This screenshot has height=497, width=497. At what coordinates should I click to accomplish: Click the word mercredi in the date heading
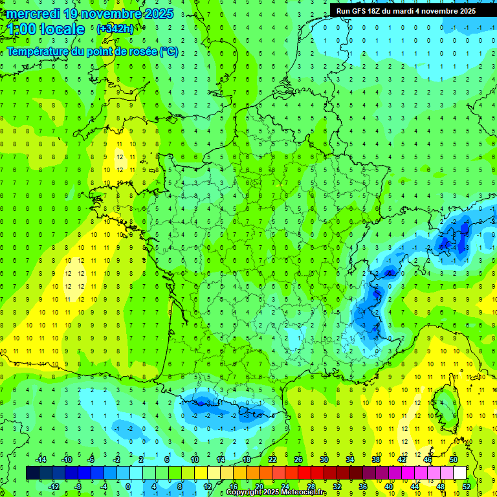[x=32, y=14]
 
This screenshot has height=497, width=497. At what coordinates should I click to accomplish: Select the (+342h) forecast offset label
[x=115, y=29]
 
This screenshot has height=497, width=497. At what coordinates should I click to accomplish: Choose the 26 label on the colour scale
[x=298, y=459]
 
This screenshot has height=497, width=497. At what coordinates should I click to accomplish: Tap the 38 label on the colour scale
[x=376, y=459]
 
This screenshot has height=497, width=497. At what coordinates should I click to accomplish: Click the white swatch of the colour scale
[x=459, y=473]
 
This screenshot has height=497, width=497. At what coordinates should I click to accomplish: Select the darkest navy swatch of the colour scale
[x=32, y=473]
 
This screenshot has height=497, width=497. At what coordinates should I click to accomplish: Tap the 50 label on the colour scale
[x=453, y=459]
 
